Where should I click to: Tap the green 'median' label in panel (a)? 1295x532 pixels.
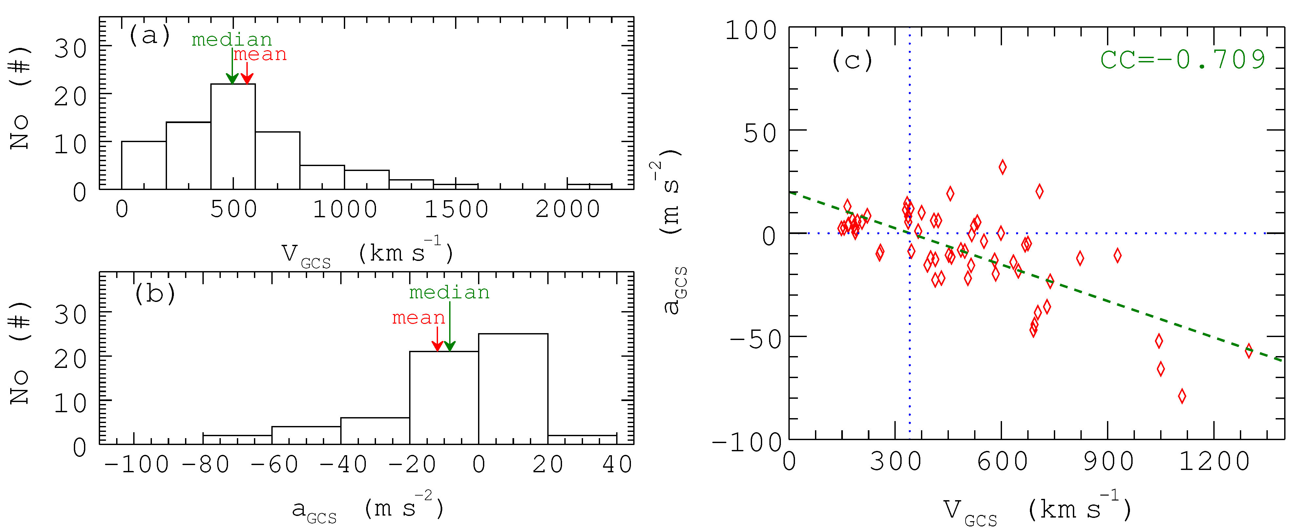click(x=232, y=40)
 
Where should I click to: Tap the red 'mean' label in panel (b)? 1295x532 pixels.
click(x=418, y=318)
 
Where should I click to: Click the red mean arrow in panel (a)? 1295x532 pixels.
click(x=246, y=73)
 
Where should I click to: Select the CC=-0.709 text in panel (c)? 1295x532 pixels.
click(x=1182, y=59)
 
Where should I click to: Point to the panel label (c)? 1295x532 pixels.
click(x=852, y=61)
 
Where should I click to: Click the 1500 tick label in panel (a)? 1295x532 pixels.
click(x=456, y=209)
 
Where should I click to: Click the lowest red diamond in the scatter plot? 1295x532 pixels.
click(x=1182, y=396)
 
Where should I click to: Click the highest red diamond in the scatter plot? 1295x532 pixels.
click(x=1002, y=167)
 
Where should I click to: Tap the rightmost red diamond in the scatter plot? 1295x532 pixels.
click(x=1249, y=351)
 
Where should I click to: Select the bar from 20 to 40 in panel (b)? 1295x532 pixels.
click(x=582, y=439)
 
